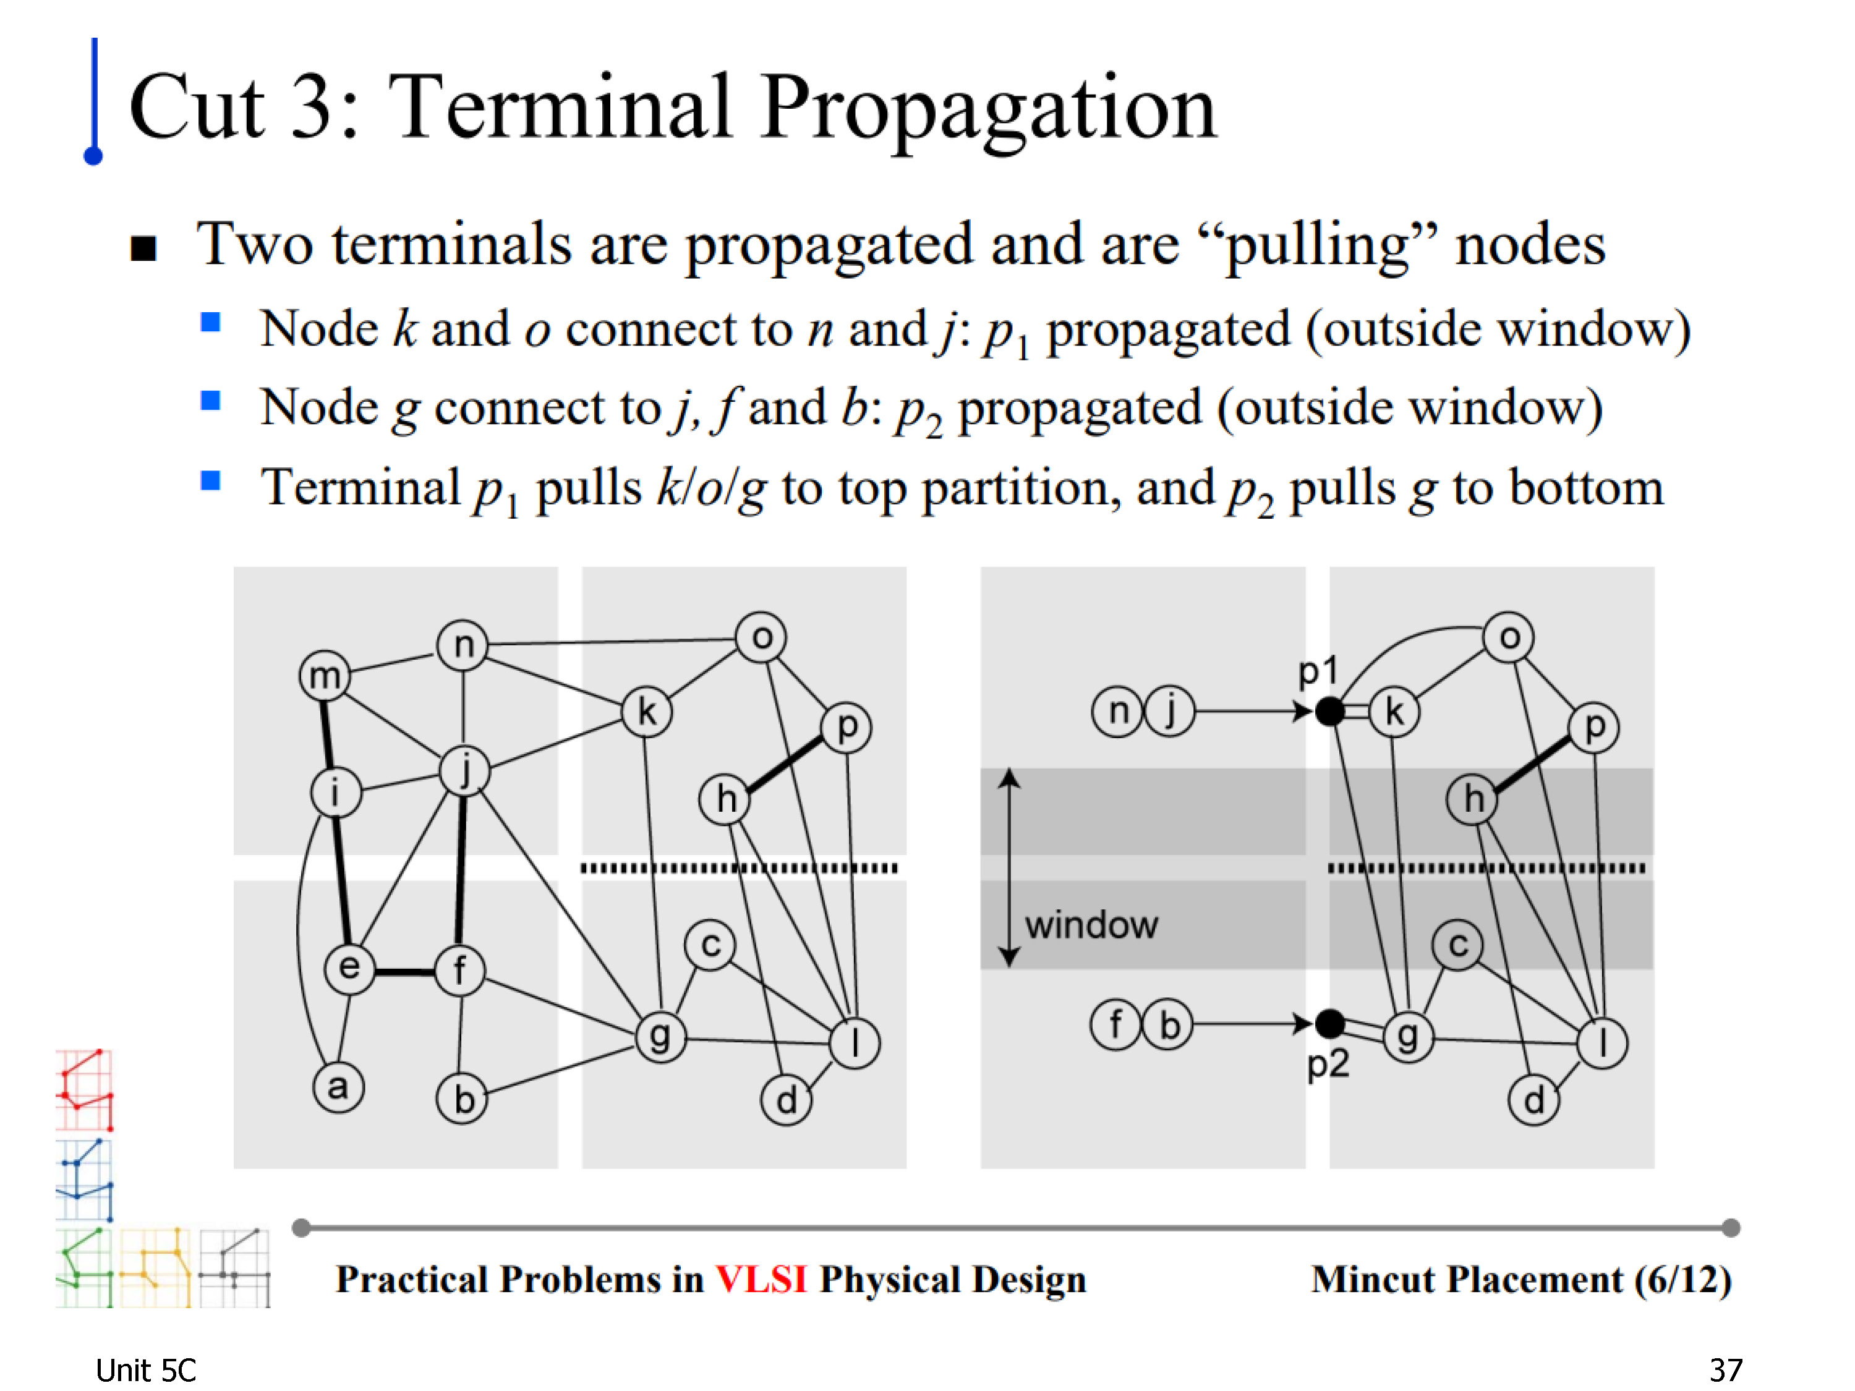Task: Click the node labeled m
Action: pyautogui.click(x=325, y=675)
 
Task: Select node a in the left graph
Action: pyautogui.click(x=338, y=1087)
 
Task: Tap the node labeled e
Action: pyautogui.click(x=350, y=968)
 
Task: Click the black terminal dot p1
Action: pyautogui.click(x=1329, y=712)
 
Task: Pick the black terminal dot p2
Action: pyautogui.click(x=1329, y=1024)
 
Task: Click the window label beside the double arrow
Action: pyautogui.click(x=1091, y=925)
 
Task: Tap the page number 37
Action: pyautogui.click(x=1726, y=1370)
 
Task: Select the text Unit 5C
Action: pyautogui.click(x=146, y=1370)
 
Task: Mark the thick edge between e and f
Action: pyautogui.click(x=405, y=972)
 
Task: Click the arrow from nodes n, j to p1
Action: pyautogui.click(x=1254, y=712)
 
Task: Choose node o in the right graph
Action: pyautogui.click(x=1509, y=637)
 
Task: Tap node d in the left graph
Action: pyautogui.click(x=786, y=1100)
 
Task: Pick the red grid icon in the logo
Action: pyautogui.click(x=84, y=1089)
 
